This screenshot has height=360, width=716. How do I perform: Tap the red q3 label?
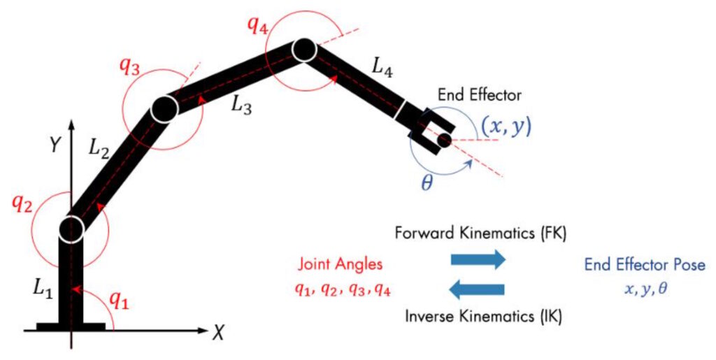click(x=130, y=68)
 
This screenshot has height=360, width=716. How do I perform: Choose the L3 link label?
click(x=242, y=105)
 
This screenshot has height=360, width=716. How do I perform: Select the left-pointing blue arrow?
click(x=478, y=289)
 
